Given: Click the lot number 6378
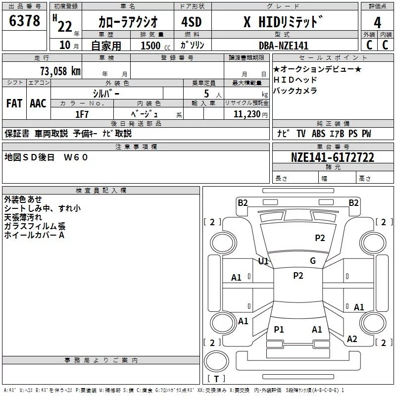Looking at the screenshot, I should point(25,22).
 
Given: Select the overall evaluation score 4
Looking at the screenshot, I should point(378,23).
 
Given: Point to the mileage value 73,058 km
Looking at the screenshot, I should point(60,71).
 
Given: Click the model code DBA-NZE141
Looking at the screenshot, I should point(284,46).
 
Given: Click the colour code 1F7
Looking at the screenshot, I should point(82,113).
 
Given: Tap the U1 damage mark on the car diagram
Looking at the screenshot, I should point(263,261).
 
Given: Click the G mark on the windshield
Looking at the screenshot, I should point(312,261).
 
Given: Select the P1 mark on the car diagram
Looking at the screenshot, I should point(279,330).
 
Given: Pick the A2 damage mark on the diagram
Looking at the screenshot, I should point(352,339).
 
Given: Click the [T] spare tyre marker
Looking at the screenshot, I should point(216,379).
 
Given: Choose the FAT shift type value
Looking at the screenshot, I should point(14,103).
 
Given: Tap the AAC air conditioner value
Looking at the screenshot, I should point(38,103).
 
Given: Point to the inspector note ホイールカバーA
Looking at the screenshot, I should point(34,235).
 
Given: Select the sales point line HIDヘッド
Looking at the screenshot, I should point(295,80).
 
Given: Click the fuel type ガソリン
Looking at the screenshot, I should point(193,45).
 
